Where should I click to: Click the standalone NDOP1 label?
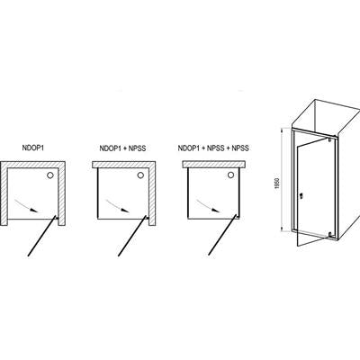pos(32,148)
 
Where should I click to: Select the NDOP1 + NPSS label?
pos(122,148)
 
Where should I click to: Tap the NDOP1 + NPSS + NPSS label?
pos(213,148)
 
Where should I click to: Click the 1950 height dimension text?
pos(277,184)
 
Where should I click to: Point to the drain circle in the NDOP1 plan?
pos(50,175)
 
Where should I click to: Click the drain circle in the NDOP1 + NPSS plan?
pos(140,175)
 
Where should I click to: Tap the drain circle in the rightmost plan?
pos(230,175)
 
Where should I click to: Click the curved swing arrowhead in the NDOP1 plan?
pos(35,211)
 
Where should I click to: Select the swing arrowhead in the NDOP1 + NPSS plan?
pos(125,211)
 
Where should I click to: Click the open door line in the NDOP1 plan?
pos(41,237)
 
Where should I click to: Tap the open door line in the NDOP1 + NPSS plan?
pos(132,237)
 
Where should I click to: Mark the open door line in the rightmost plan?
pos(222,237)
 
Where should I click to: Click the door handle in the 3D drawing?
pos(301,196)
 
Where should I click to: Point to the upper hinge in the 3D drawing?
pos(329,139)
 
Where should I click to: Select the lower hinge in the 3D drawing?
pos(330,234)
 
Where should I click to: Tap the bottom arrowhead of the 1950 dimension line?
pos(282,229)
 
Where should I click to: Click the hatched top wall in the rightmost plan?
pos(214,164)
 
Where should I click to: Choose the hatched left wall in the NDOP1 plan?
pos(4,193)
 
